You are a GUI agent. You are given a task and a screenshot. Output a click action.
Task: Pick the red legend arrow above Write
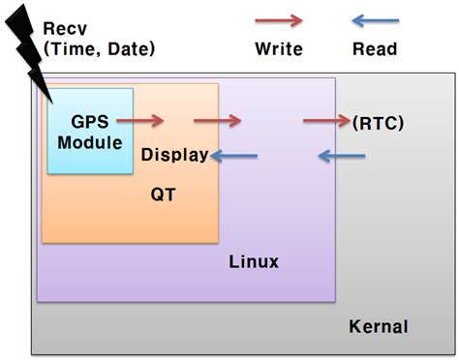click(279, 20)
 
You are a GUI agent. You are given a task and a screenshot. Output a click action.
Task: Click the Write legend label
click(279, 48)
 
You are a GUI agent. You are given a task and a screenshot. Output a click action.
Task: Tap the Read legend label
click(372, 48)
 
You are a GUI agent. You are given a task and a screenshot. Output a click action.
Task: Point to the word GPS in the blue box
click(89, 123)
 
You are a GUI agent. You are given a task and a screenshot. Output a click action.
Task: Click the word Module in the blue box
click(90, 142)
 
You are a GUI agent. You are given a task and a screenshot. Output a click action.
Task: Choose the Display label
click(174, 155)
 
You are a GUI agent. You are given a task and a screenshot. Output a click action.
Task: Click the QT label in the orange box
click(163, 194)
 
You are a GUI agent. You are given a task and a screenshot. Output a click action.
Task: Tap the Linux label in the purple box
click(254, 261)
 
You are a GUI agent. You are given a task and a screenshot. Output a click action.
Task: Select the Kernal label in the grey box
click(378, 326)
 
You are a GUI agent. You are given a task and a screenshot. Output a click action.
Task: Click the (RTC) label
click(379, 123)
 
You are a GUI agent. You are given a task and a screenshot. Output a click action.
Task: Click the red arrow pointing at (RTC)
click(327, 121)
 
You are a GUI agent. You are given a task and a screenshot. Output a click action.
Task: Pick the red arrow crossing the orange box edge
click(217, 121)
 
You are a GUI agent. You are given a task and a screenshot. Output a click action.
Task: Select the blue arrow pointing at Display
click(234, 155)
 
